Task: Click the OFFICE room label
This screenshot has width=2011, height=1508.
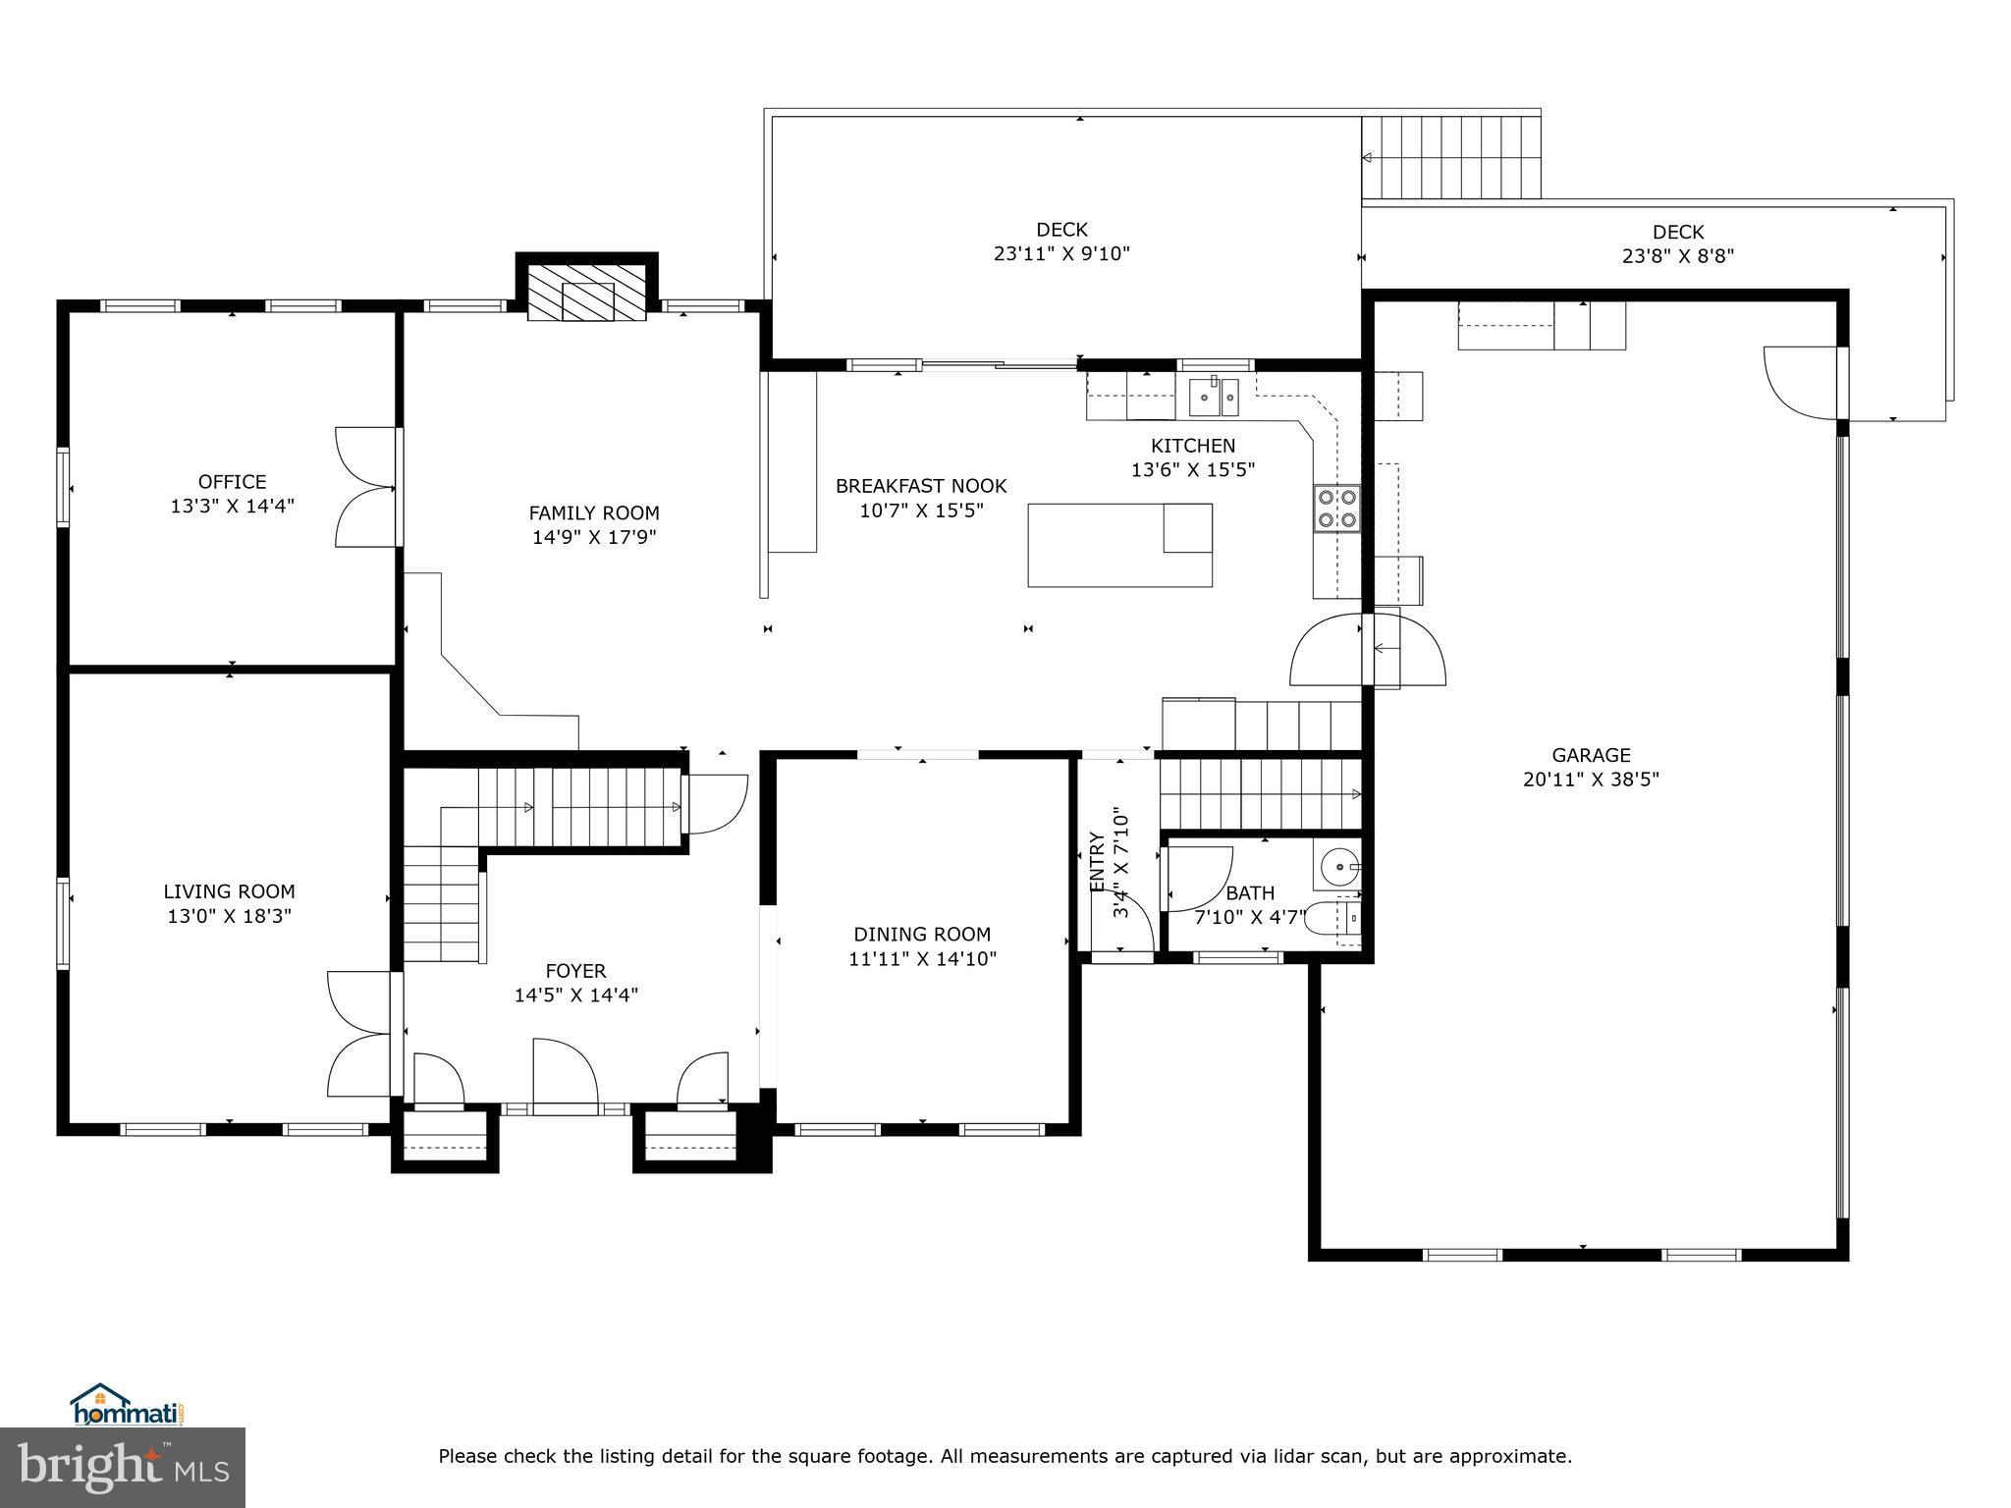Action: point(233,482)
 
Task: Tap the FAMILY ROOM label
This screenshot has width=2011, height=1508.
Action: point(594,513)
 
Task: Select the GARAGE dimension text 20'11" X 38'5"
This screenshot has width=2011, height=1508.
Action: point(1591,780)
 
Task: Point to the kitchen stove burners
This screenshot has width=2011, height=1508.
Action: point(1337,509)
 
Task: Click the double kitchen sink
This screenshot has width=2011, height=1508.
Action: point(1216,397)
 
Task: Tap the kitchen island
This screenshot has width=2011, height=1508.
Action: point(1119,545)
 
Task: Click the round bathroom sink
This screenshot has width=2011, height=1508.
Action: point(1338,867)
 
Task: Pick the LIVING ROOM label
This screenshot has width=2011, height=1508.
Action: point(229,891)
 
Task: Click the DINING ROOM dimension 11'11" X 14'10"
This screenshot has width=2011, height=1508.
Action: point(922,959)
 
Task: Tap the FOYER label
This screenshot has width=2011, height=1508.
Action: point(575,971)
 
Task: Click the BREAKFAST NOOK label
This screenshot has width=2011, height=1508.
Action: point(921,486)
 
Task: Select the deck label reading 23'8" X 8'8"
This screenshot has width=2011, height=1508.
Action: point(1678,256)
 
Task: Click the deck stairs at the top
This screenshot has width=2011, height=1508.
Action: point(1450,156)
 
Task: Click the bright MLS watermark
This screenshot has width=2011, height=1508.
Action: point(123,1468)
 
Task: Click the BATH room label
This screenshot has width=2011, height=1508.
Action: point(1250,893)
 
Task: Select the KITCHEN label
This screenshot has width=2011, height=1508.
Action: point(1193,446)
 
